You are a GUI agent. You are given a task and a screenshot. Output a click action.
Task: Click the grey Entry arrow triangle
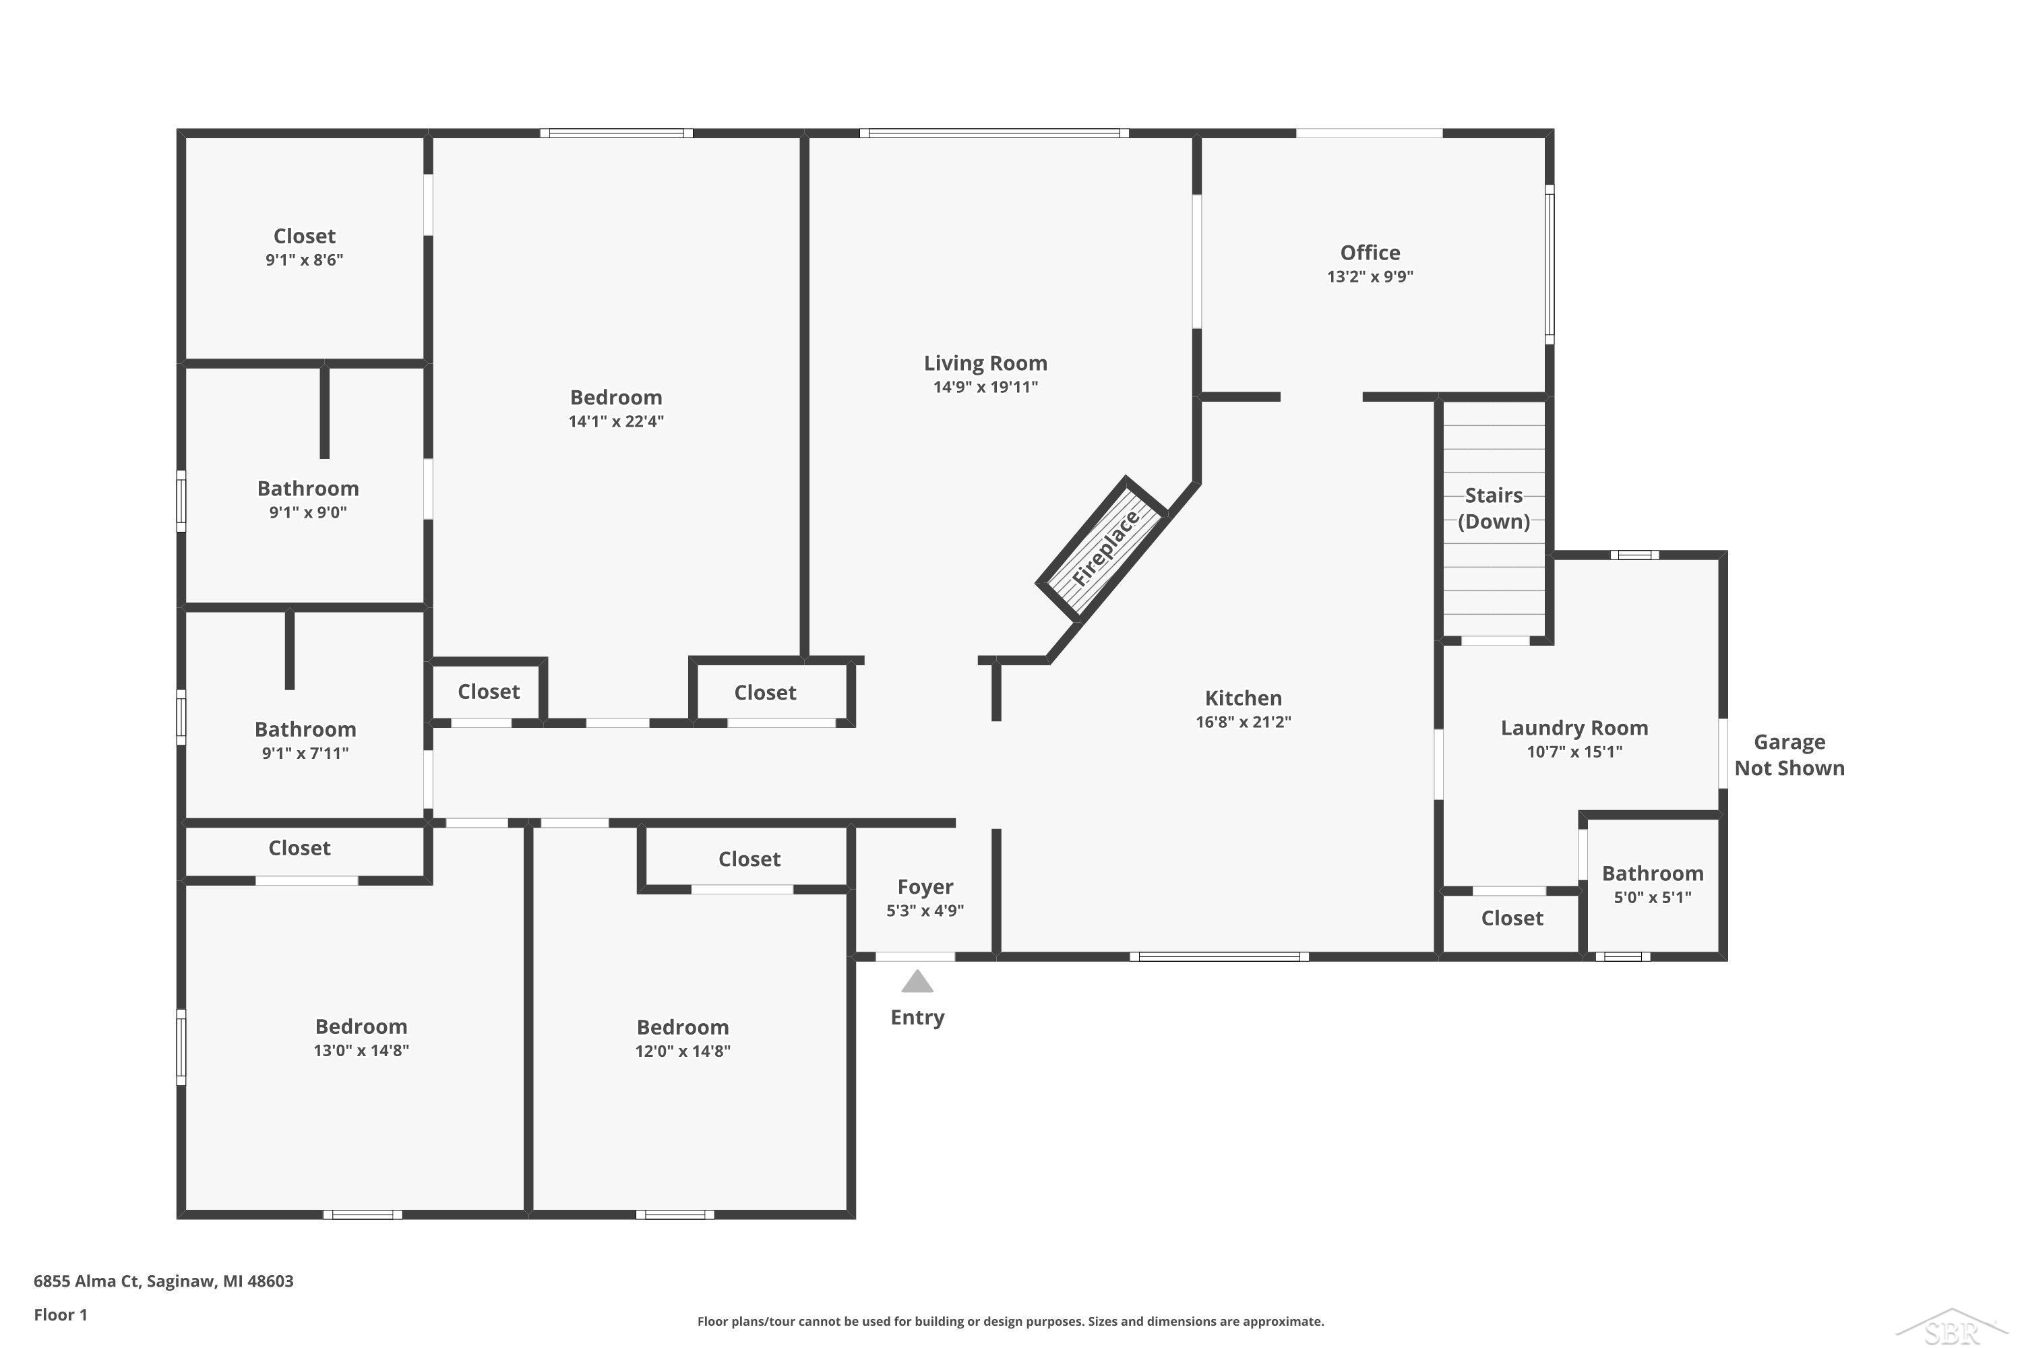(x=917, y=982)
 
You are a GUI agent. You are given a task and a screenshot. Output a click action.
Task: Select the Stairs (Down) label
(x=1494, y=508)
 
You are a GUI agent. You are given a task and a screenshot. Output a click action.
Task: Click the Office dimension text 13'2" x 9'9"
(x=1370, y=277)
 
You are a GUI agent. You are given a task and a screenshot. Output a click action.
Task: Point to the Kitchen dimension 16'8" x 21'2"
(x=1243, y=722)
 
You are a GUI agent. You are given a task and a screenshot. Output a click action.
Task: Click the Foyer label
(x=925, y=886)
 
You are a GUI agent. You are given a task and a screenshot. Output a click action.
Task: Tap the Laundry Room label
(x=1574, y=728)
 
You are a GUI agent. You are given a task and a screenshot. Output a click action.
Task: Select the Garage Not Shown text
(x=1789, y=755)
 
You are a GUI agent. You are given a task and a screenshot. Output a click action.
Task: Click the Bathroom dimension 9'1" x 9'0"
(x=308, y=512)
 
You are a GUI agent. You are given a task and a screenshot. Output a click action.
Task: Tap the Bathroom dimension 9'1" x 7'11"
(x=305, y=753)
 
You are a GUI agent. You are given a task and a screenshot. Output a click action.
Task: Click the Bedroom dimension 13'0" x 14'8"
(x=361, y=1051)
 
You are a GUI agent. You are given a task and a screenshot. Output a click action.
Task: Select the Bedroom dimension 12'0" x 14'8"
(x=683, y=1051)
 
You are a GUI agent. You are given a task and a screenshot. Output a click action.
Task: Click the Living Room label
(x=985, y=364)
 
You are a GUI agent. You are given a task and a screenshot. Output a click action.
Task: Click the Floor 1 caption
(x=60, y=1314)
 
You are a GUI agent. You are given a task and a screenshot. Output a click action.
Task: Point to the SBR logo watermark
(x=1953, y=1328)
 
